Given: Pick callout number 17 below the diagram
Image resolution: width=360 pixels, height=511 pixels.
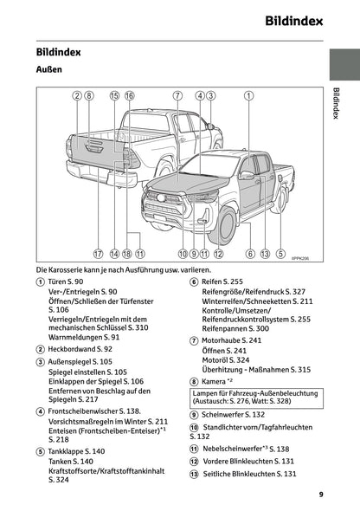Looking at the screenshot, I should (98, 254).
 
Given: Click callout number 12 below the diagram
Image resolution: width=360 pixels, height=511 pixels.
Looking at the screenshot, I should (218, 254).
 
